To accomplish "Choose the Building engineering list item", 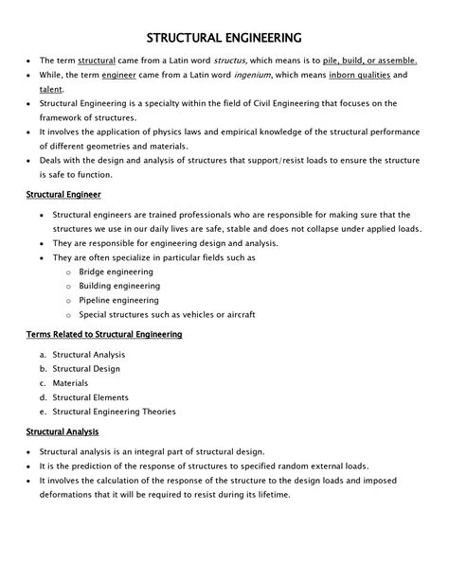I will point(120,285).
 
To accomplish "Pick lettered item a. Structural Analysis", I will point(89,354).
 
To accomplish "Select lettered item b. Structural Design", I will point(87,368).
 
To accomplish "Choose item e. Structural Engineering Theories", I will point(115,412).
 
